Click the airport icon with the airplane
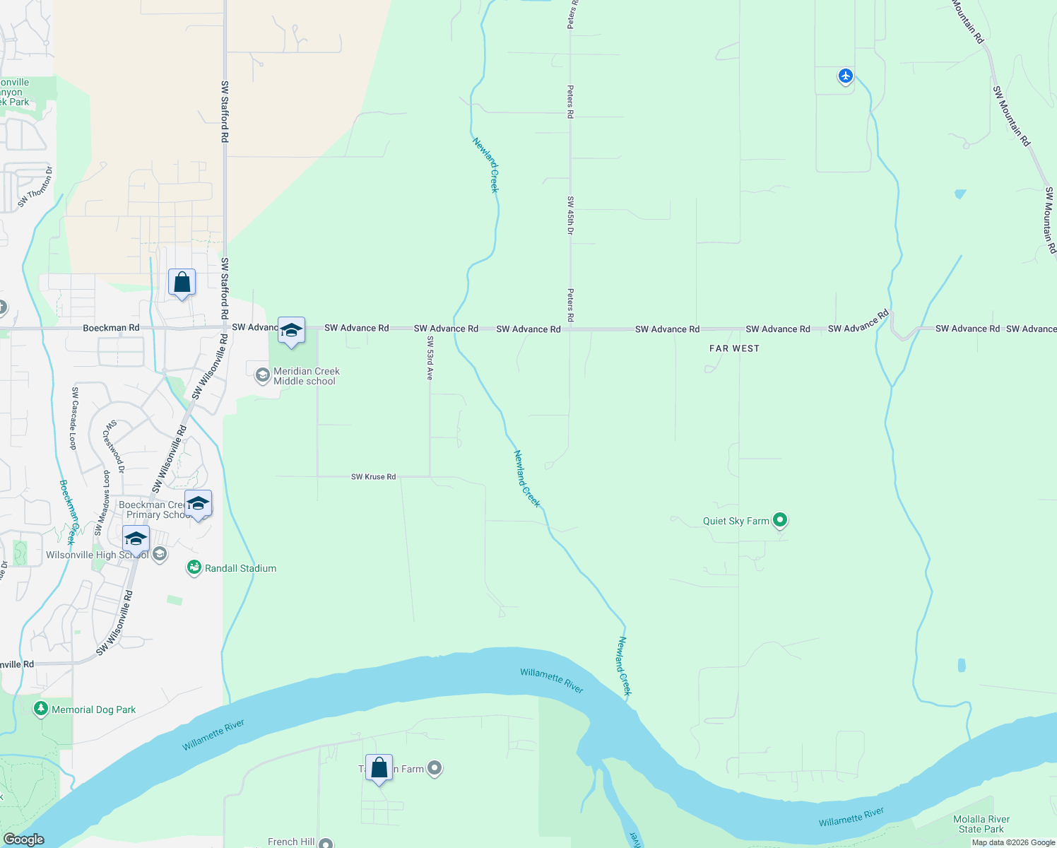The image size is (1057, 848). pyautogui.click(x=846, y=76)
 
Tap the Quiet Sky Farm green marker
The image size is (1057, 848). pyautogui.click(x=780, y=521)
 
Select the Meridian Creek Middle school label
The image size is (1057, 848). pyautogui.click(x=306, y=376)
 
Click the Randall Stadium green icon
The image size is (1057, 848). pyautogui.click(x=194, y=567)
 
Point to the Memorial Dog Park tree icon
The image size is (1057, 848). pyautogui.click(x=41, y=709)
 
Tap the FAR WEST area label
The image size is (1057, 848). pyautogui.click(x=734, y=348)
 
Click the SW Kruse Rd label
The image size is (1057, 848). pyautogui.click(x=373, y=477)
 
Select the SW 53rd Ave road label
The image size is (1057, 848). pyautogui.click(x=429, y=358)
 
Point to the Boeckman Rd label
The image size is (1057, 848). pyautogui.click(x=111, y=328)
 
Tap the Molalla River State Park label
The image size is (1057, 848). pyautogui.click(x=981, y=824)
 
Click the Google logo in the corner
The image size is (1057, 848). pyautogui.click(x=23, y=839)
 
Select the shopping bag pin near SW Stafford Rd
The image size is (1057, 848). pyautogui.click(x=182, y=283)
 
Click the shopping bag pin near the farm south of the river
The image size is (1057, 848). pyautogui.click(x=379, y=768)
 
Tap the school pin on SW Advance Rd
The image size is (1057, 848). pyautogui.click(x=291, y=330)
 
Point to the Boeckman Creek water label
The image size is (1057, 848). pyautogui.click(x=67, y=512)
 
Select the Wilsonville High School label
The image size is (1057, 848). pyautogui.click(x=97, y=555)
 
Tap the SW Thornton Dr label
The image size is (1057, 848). pyautogui.click(x=35, y=187)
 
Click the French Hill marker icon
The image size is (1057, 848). pyautogui.click(x=326, y=843)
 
